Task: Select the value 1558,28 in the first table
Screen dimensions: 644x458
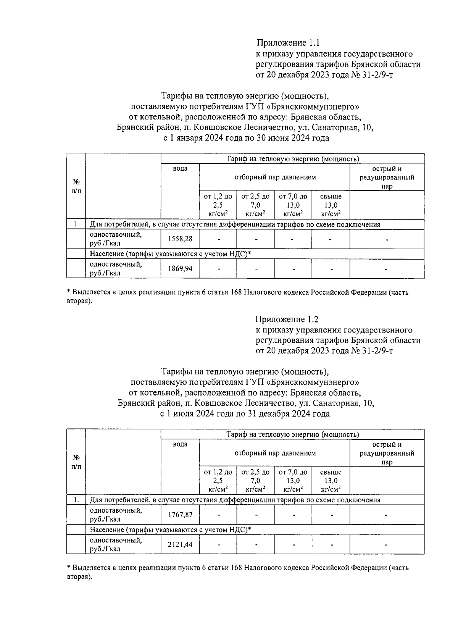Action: (180, 239)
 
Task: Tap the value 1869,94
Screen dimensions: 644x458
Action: (180, 269)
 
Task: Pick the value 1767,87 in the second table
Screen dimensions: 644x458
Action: (180, 514)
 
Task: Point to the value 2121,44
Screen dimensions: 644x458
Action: (180, 544)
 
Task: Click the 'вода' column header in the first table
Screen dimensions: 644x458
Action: (180, 169)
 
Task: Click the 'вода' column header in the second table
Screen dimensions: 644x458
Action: (180, 444)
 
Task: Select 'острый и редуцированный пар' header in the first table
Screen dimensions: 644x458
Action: (387, 178)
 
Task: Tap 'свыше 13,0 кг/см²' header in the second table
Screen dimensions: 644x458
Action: (331, 481)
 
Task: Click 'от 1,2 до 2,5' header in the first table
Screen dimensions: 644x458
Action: (218, 205)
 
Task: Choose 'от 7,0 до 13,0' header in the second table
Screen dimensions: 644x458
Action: (293, 481)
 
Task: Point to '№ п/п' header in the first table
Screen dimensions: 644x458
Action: (76, 186)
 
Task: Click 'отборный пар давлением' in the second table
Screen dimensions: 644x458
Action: (275, 453)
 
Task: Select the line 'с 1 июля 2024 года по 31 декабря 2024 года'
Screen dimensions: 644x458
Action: (245, 414)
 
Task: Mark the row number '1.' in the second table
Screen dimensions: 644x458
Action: (76, 500)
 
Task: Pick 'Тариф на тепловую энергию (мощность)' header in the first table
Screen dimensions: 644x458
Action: (293, 159)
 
